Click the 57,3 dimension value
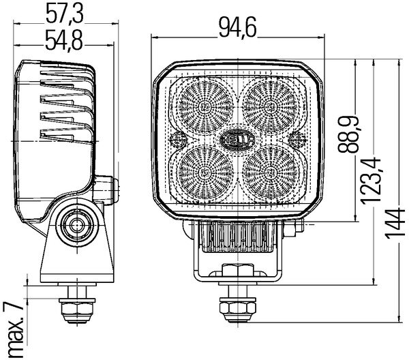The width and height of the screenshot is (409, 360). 62,13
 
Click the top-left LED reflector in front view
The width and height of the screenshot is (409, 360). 205,106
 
